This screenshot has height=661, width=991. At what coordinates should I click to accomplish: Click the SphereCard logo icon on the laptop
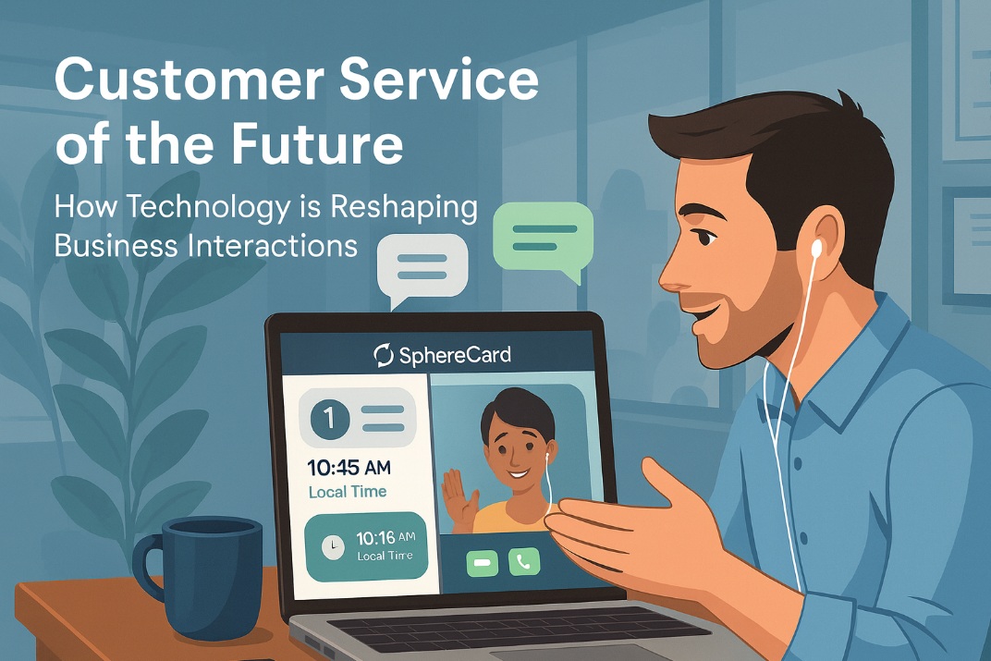click(x=383, y=354)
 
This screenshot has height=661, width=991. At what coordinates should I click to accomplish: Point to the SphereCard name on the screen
click(x=454, y=354)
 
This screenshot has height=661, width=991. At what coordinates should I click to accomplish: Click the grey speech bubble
click(x=422, y=266)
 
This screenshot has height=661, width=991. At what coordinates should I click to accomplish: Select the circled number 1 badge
click(x=330, y=420)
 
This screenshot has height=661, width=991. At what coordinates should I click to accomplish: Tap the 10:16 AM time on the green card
click(x=385, y=537)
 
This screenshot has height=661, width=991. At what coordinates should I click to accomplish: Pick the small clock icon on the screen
click(x=332, y=546)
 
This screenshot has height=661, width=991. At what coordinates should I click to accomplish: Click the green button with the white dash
click(x=482, y=561)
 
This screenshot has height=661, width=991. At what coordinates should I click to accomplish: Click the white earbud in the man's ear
click(x=817, y=249)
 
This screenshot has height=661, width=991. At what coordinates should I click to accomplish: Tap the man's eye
click(x=705, y=237)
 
